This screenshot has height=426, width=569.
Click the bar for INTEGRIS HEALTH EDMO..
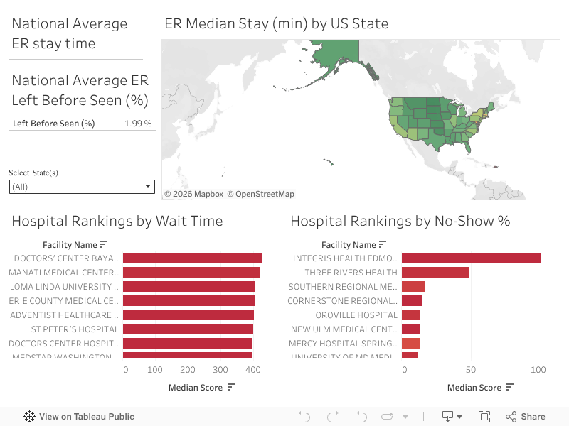click(471, 258)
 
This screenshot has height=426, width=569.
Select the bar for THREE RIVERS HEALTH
click(435, 273)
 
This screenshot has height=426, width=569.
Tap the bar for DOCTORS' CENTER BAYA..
click(192, 258)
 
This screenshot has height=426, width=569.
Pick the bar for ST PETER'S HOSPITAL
click(188, 329)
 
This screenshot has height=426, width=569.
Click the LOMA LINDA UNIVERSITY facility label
click(64, 287)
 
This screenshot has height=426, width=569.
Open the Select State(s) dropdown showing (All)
click(82, 187)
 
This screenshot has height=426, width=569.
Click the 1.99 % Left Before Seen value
click(138, 124)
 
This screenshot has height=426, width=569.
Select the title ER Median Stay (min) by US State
click(276, 23)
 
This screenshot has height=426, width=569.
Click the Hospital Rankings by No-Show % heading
click(400, 221)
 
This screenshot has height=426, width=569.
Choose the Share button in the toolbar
click(526, 417)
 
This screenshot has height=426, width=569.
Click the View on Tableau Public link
click(79, 417)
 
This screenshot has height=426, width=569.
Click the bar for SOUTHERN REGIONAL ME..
click(413, 287)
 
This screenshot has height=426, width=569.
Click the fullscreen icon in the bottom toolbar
click(484, 417)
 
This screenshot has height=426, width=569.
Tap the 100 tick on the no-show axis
click(538, 370)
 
